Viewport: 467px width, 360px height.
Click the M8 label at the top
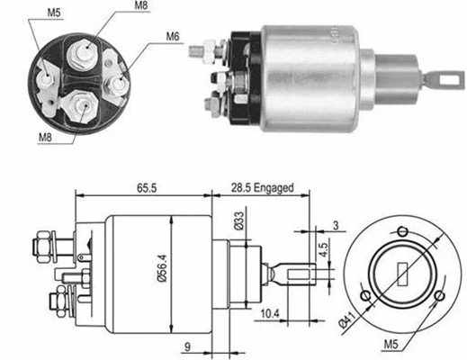(x=142, y=8)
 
